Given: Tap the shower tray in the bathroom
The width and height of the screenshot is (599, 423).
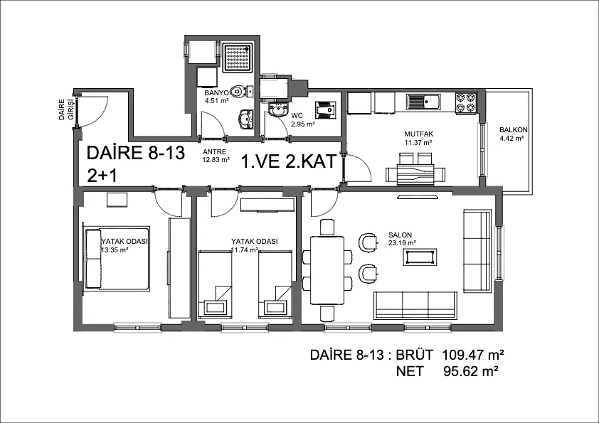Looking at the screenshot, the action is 238,58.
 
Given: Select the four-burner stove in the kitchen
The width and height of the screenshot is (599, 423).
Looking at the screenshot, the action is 466,102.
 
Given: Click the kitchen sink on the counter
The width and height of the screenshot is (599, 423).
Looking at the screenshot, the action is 423,102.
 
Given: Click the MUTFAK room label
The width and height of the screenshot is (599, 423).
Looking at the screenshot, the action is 419,134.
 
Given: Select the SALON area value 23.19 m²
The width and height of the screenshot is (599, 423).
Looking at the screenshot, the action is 402,242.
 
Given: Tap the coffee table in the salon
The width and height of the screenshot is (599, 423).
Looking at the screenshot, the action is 421,257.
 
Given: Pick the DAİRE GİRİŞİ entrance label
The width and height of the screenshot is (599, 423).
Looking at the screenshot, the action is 65,110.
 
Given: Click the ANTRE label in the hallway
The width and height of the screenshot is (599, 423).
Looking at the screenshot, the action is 214,151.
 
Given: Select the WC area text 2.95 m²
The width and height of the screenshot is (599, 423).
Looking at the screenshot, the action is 303,124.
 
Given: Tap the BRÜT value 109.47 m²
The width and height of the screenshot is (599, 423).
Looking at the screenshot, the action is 473,355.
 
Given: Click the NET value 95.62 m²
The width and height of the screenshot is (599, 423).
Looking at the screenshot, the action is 471,371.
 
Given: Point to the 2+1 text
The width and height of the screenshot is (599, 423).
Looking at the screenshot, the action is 102,176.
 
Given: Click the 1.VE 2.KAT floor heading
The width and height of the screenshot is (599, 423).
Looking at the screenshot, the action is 289,161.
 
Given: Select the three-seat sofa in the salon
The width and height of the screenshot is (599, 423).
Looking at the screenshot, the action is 415,306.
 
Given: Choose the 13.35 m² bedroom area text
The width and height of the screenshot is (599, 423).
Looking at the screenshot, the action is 115,250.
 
